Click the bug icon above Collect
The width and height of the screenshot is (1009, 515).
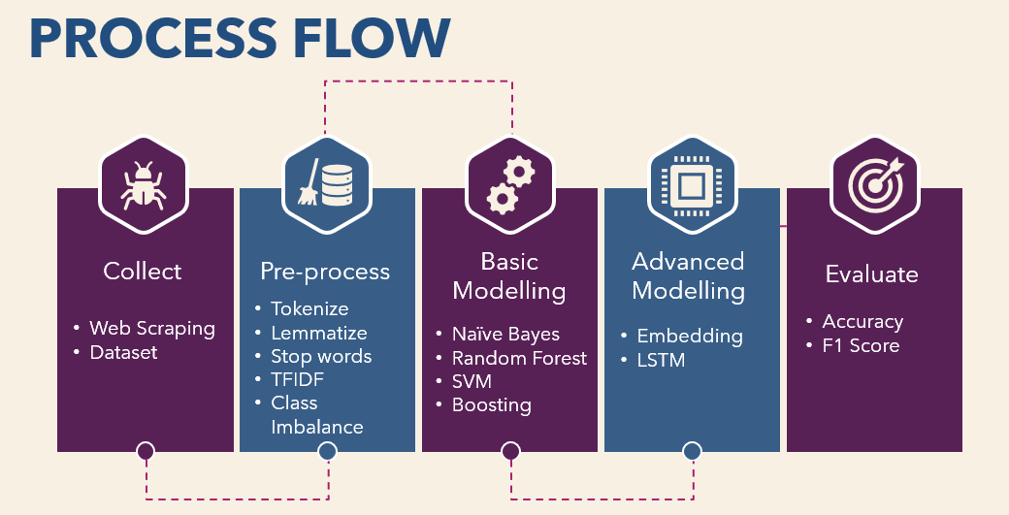point(143,185)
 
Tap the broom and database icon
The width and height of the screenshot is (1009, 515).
point(326,183)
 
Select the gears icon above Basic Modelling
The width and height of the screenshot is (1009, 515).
point(510,185)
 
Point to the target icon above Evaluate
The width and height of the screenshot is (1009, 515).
point(874,184)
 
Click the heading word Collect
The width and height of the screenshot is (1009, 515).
point(143,272)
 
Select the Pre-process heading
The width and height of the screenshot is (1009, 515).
point(325,272)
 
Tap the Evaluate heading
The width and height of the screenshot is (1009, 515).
point(872,274)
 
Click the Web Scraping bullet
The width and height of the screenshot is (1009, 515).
point(152,329)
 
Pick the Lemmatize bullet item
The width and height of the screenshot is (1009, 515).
point(319,333)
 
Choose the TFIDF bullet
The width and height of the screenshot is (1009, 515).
point(297,380)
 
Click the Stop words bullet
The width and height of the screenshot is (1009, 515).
point(321,356)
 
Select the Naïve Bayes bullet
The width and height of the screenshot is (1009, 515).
point(505,335)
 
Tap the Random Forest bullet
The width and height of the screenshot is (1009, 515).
point(519,358)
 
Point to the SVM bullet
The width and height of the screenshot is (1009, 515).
point(472,381)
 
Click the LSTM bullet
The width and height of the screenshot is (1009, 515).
point(661,360)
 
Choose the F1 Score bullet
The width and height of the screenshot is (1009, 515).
point(861,346)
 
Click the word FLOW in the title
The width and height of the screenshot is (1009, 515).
point(372,39)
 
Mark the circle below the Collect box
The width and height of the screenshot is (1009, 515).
point(146,451)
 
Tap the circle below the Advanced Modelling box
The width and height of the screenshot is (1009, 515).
point(693,451)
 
